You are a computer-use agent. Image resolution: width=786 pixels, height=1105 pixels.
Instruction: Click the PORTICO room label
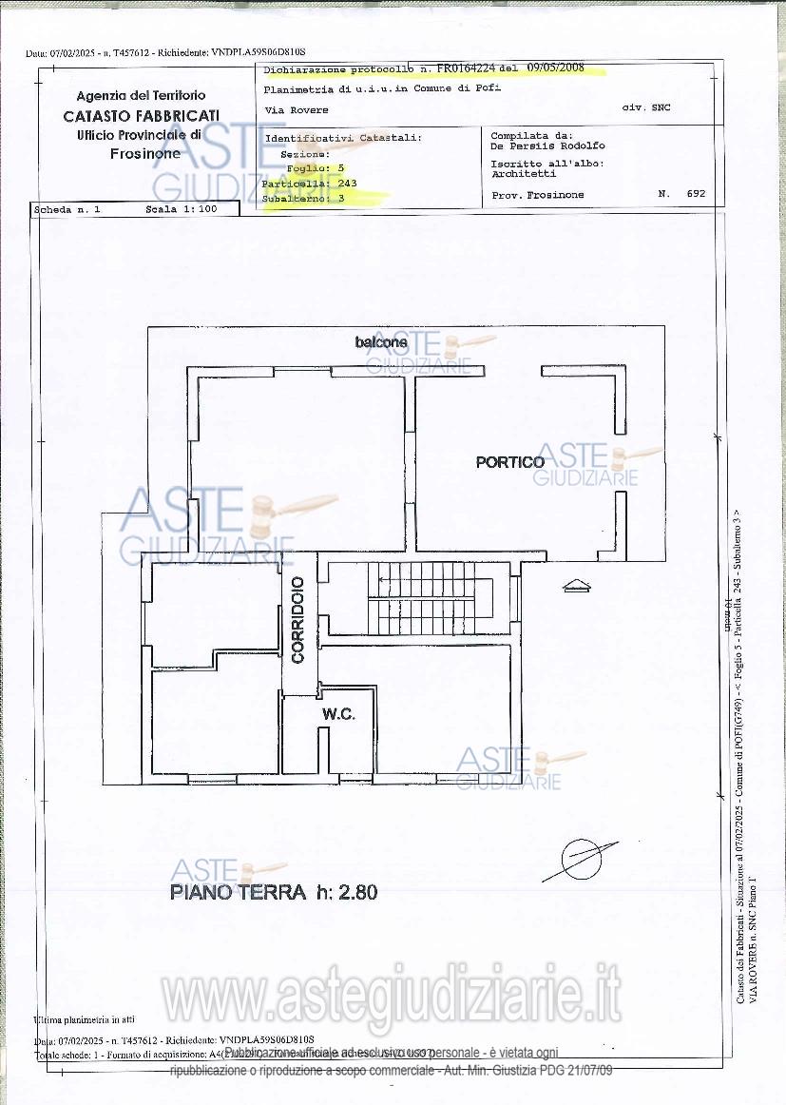(510, 462)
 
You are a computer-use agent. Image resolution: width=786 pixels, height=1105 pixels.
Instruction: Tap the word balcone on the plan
(381, 341)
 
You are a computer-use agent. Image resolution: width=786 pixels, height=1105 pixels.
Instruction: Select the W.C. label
(338, 714)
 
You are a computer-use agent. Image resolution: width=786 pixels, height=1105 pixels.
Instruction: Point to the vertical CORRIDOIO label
(298, 619)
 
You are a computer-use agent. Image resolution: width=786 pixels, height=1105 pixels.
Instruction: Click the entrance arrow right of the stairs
(576, 586)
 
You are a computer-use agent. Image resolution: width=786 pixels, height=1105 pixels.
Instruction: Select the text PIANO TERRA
(238, 892)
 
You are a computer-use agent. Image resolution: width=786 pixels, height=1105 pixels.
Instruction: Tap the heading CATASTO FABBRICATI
(141, 116)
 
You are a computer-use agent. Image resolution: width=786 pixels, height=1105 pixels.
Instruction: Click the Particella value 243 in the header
(346, 183)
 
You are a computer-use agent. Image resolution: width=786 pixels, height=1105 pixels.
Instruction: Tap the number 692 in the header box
(696, 194)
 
